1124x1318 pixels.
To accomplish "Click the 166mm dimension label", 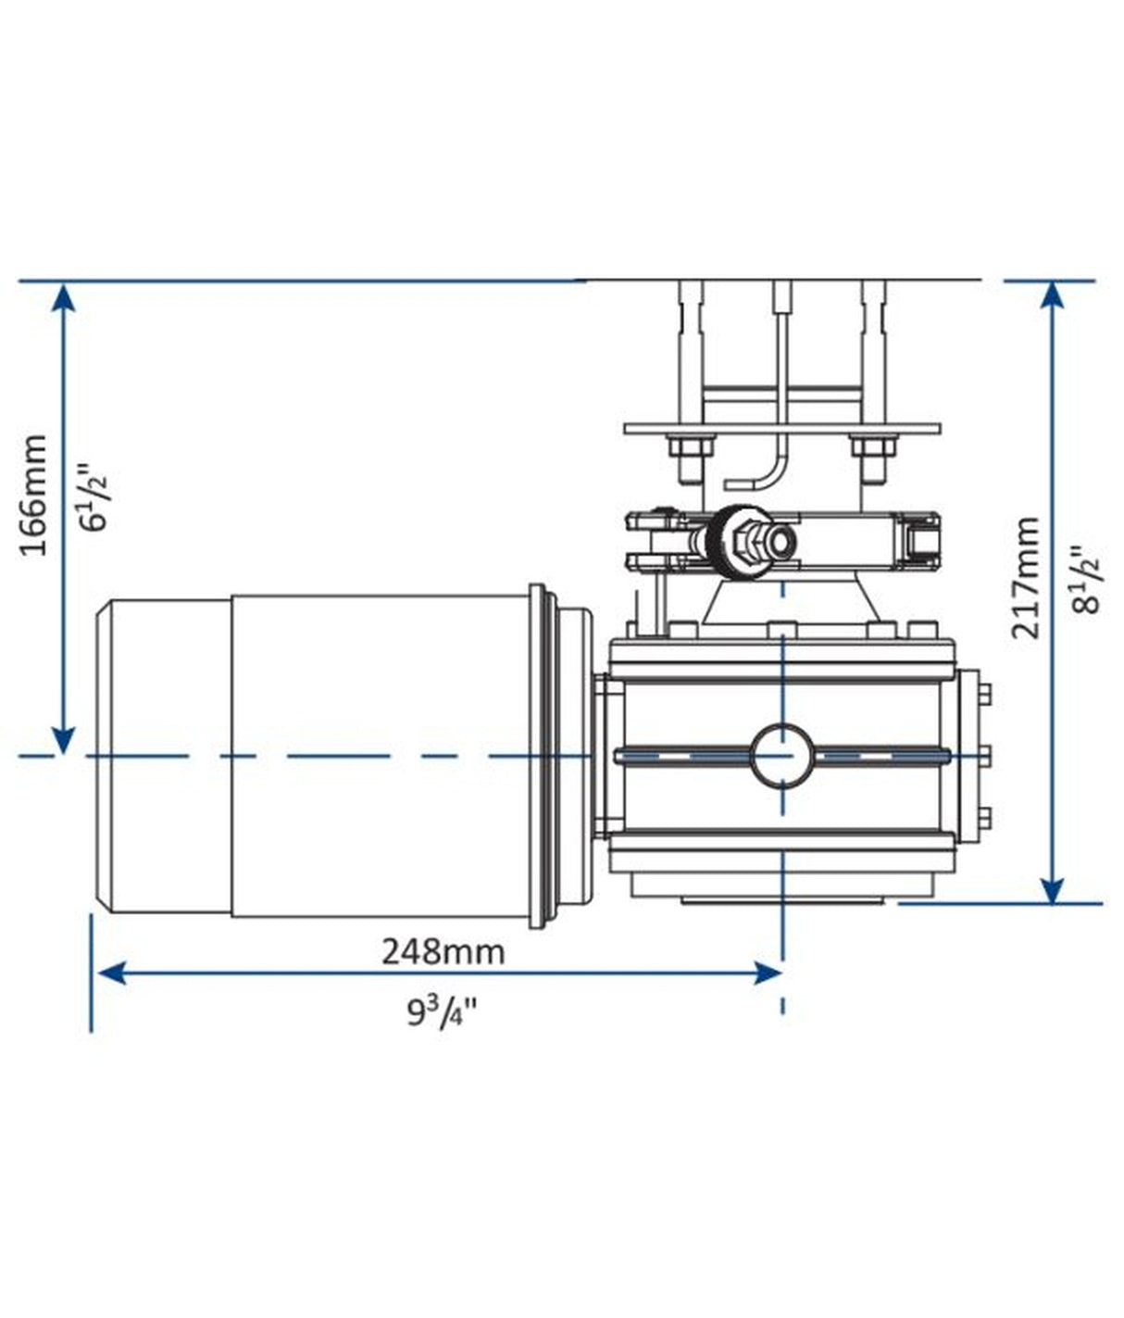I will click(35, 496).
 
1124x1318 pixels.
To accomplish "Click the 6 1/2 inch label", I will click(98, 496).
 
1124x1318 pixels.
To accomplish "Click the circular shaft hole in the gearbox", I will click(782, 755).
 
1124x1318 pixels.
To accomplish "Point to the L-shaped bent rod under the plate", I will click(763, 468).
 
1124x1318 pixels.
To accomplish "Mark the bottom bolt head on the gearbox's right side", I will click(984, 816).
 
